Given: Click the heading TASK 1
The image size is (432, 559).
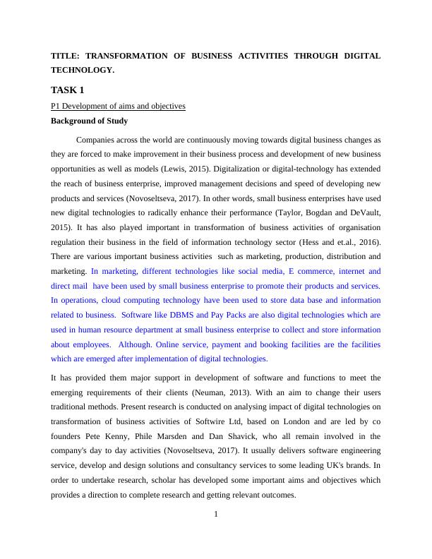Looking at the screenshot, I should (x=68, y=90).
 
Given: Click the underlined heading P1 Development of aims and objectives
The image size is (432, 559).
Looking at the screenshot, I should (x=118, y=106).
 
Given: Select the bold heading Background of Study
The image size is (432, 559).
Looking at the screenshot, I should (x=89, y=121).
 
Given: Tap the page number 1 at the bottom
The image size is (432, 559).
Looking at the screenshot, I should (x=216, y=513).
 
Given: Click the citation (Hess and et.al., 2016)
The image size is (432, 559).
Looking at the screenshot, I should (x=336, y=241).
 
